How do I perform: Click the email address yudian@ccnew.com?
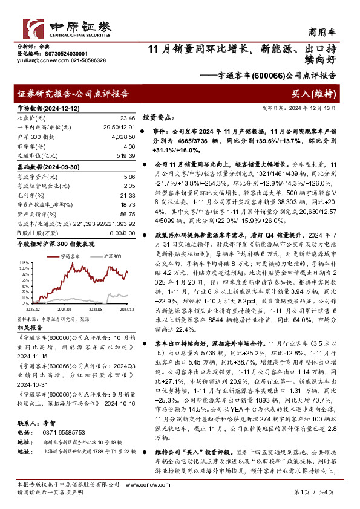coord(36,60)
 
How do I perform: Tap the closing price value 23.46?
coord(127,118)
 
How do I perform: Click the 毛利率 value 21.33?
coord(127,195)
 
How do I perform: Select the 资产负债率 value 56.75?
coord(127,214)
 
